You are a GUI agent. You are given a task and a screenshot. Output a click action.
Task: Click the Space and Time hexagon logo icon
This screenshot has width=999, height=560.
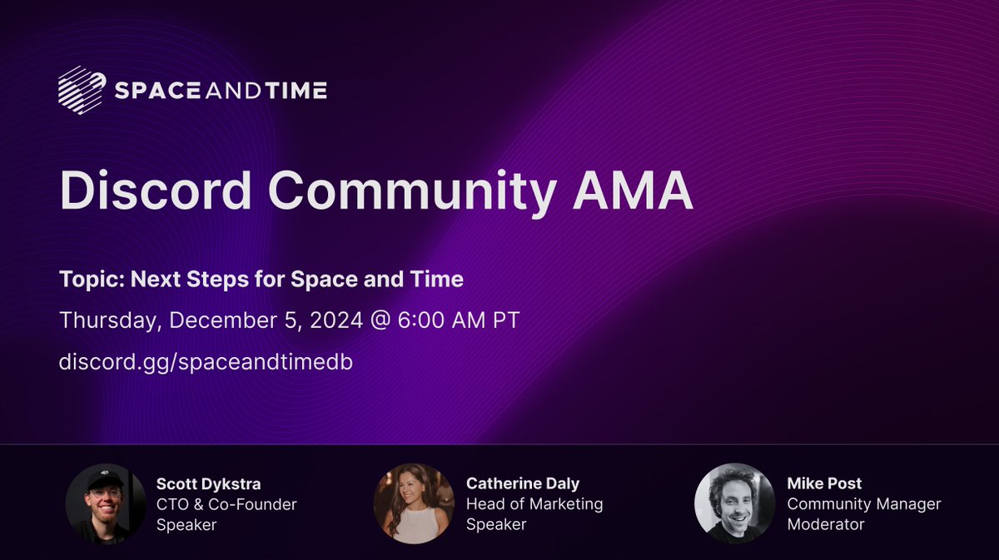pos(82,90)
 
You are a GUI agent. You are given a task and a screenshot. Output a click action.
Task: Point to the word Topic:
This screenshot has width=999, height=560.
pos(87,279)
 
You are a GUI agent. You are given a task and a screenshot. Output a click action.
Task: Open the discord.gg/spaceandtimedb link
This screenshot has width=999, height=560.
pos(200,364)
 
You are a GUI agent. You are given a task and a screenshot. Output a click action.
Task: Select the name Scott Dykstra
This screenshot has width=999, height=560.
pos(207,483)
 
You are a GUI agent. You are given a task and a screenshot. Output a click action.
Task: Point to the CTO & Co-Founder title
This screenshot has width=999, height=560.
pos(226,503)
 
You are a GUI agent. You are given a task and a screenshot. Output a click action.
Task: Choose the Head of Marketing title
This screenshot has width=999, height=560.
pos(534,503)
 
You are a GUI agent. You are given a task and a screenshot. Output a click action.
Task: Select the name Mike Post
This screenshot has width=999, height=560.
pos(824,483)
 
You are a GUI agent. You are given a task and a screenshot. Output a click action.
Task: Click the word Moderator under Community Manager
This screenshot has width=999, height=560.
pos(825,524)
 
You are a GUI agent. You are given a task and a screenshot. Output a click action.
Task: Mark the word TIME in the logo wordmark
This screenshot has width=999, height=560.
pos(296,91)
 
